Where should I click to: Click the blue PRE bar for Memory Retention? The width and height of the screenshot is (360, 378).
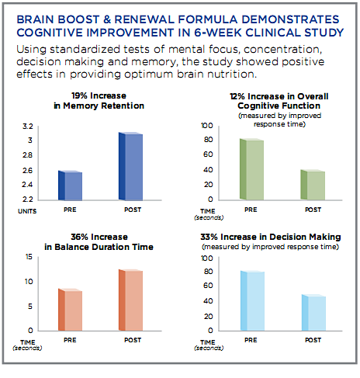pyautogui.click(x=71, y=186)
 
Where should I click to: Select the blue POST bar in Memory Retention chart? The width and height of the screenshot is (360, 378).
pyautogui.click(x=130, y=166)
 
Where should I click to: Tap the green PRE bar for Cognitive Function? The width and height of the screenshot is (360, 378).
pyautogui.click(x=252, y=169)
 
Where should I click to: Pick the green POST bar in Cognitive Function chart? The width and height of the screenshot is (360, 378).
pyautogui.click(x=313, y=185)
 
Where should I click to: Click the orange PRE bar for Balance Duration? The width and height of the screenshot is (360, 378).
pyautogui.click(x=71, y=310)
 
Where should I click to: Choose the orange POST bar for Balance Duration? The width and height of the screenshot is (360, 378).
pyautogui.click(x=130, y=300)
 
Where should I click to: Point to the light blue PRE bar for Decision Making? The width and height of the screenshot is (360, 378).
pyautogui.click(x=252, y=300)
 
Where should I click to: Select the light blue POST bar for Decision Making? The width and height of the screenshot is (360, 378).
pyautogui.click(x=313, y=313)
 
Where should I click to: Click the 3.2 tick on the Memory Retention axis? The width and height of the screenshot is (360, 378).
pyautogui.click(x=28, y=127)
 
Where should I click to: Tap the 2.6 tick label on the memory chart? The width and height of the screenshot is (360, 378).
pyautogui.click(x=28, y=171)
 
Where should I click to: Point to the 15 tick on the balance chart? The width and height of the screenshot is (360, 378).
pyautogui.click(x=29, y=257)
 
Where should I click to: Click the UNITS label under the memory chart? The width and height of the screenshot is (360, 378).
pyautogui.click(x=27, y=211)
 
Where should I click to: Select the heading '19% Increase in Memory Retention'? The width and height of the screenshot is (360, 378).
pyautogui.click(x=99, y=101)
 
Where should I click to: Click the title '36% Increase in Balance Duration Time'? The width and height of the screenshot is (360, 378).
pyautogui.click(x=99, y=242)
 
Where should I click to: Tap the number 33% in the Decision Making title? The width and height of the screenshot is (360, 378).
pyautogui.click(x=209, y=237)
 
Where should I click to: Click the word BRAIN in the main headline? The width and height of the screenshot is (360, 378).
pyautogui.click(x=36, y=19)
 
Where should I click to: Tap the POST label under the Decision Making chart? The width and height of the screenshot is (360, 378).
pyautogui.click(x=313, y=340)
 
